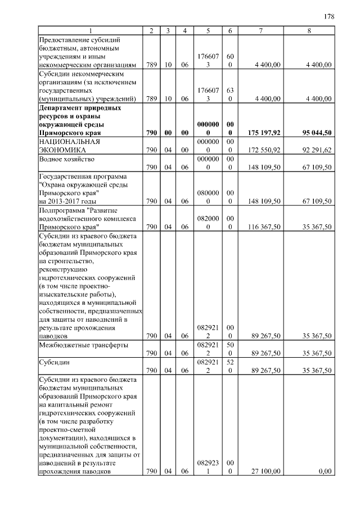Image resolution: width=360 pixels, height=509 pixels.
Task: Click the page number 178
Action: point(329,16)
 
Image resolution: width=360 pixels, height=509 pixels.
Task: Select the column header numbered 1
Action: point(90,30)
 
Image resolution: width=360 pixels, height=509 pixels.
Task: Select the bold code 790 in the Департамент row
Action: point(150,133)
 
